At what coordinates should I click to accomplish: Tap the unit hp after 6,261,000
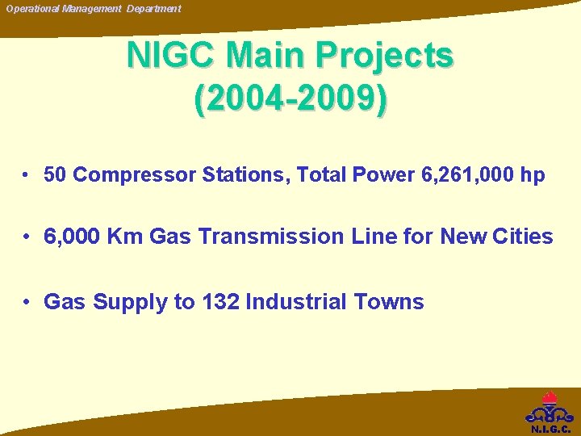(x=533, y=175)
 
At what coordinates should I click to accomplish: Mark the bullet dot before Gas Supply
(x=27, y=302)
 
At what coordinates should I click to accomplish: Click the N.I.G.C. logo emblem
(x=549, y=408)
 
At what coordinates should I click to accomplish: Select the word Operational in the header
(x=34, y=8)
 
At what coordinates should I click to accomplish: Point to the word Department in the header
(x=153, y=8)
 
